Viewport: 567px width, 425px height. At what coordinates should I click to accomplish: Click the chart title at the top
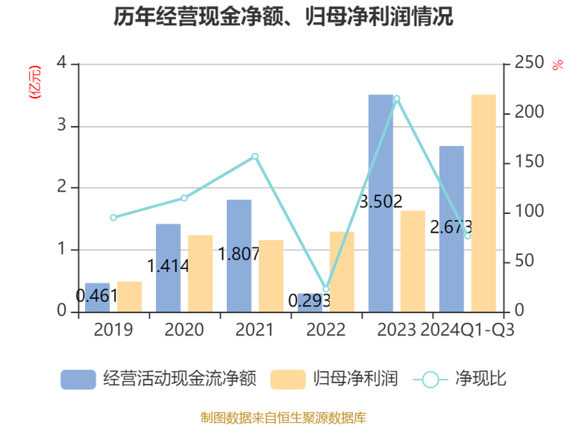coord(283,17)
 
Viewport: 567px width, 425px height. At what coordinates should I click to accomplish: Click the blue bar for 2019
coord(97,297)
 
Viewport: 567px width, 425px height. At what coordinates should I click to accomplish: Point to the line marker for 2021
coord(255,157)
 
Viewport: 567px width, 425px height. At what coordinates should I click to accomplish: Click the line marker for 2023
coord(397,98)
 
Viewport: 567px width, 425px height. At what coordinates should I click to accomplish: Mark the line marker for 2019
coord(113,218)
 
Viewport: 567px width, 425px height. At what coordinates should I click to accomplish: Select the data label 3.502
coord(380,201)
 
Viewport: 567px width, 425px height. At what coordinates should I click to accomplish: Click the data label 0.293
coord(310,300)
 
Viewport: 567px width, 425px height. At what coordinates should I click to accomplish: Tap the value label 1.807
coord(239,254)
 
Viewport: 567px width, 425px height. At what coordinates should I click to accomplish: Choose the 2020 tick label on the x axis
coord(184,330)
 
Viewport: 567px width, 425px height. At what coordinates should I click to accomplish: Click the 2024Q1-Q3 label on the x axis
coord(467,330)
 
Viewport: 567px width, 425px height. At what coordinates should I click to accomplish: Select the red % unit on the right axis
coord(557,65)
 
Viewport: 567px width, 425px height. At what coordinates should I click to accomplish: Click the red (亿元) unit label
coord(34,83)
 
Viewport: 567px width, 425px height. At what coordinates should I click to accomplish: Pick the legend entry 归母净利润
coord(334,379)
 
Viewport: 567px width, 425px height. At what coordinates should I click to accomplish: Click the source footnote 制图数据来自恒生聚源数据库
coord(283,417)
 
